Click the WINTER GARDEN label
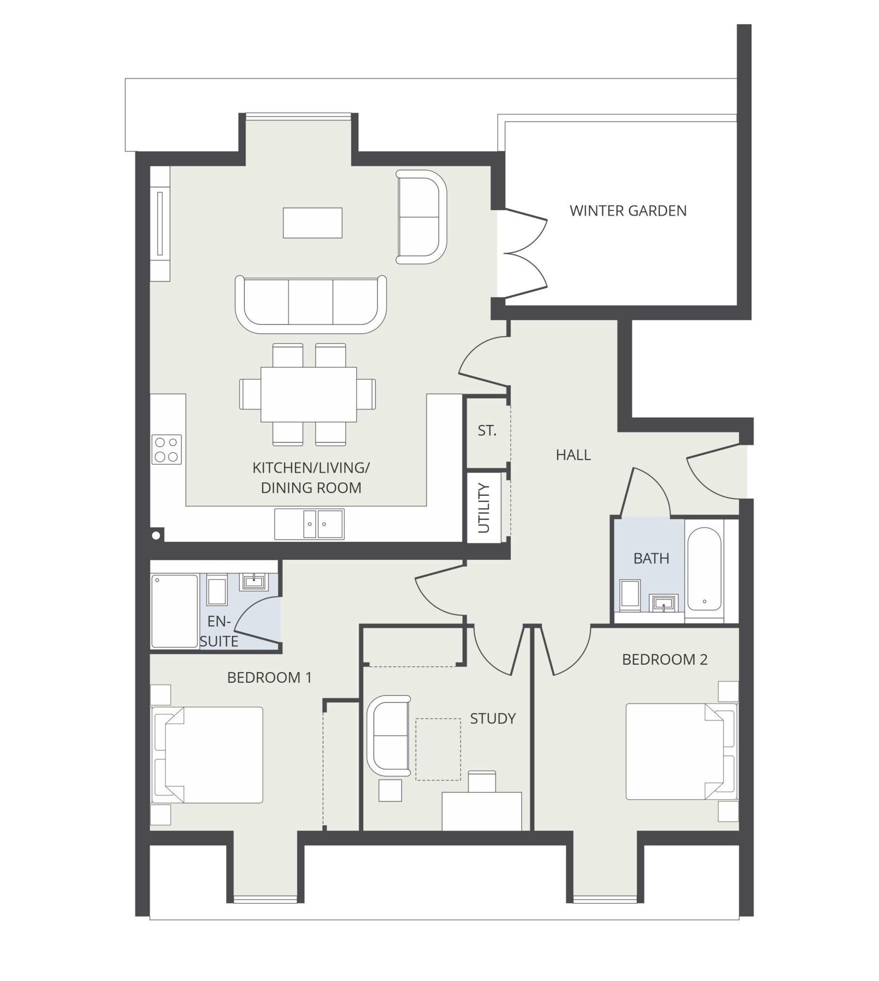tap(628, 211)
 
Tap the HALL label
tap(573, 455)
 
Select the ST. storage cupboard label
tap(487, 431)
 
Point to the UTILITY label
tap(484, 508)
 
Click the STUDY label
tap(493, 719)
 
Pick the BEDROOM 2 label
tap(664, 659)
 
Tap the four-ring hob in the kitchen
tap(167, 449)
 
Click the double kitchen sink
tap(309, 524)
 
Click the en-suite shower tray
tap(175, 611)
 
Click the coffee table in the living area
tap(313, 223)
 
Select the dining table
tap(309, 394)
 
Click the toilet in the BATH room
tap(630, 593)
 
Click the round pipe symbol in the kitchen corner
tap(156, 536)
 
